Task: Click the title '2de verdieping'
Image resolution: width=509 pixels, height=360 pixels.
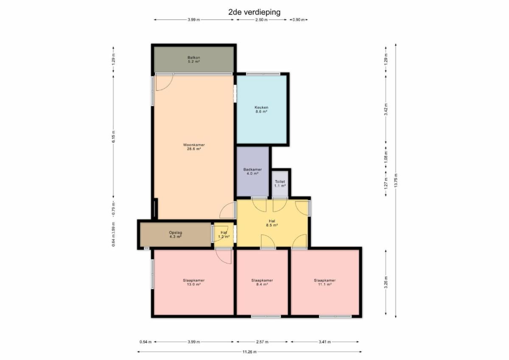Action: coord(254,12)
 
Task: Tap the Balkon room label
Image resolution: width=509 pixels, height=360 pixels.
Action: coord(194,59)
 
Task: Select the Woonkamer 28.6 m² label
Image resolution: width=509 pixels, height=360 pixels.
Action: coord(194,147)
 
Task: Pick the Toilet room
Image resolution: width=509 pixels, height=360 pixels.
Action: coord(280,184)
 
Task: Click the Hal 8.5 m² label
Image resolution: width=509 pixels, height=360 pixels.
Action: coord(272,223)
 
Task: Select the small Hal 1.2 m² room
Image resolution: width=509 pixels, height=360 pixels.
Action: coord(224,234)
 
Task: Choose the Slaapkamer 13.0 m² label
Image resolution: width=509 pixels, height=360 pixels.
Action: coord(193,282)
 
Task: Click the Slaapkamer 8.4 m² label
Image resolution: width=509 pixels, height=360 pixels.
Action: coord(262,282)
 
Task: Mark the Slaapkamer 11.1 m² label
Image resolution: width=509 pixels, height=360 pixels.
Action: coord(325,282)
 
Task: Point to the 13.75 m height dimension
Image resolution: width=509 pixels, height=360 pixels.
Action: coord(396,181)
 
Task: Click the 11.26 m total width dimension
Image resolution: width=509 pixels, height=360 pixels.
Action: coord(249,352)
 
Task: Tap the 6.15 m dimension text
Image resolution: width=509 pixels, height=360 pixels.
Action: coord(113,137)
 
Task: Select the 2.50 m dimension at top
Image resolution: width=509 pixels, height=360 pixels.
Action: coord(262,20)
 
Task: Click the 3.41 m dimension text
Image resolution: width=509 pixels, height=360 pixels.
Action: coord(325,342)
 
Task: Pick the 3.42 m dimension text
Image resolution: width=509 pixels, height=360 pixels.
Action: coord(386,109)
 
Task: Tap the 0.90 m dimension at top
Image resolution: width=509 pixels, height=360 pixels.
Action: coord(299,20)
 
